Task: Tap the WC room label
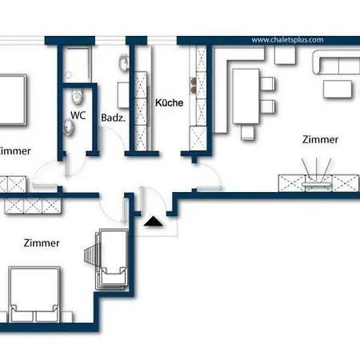(x=78, y=115)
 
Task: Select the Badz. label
(x=111, y=117)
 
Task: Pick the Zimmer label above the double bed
(x=42, y=243)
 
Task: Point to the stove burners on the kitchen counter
(x=196, y=83)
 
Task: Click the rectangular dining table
(x=247, y=94)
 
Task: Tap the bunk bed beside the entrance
(x=112, y=259)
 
